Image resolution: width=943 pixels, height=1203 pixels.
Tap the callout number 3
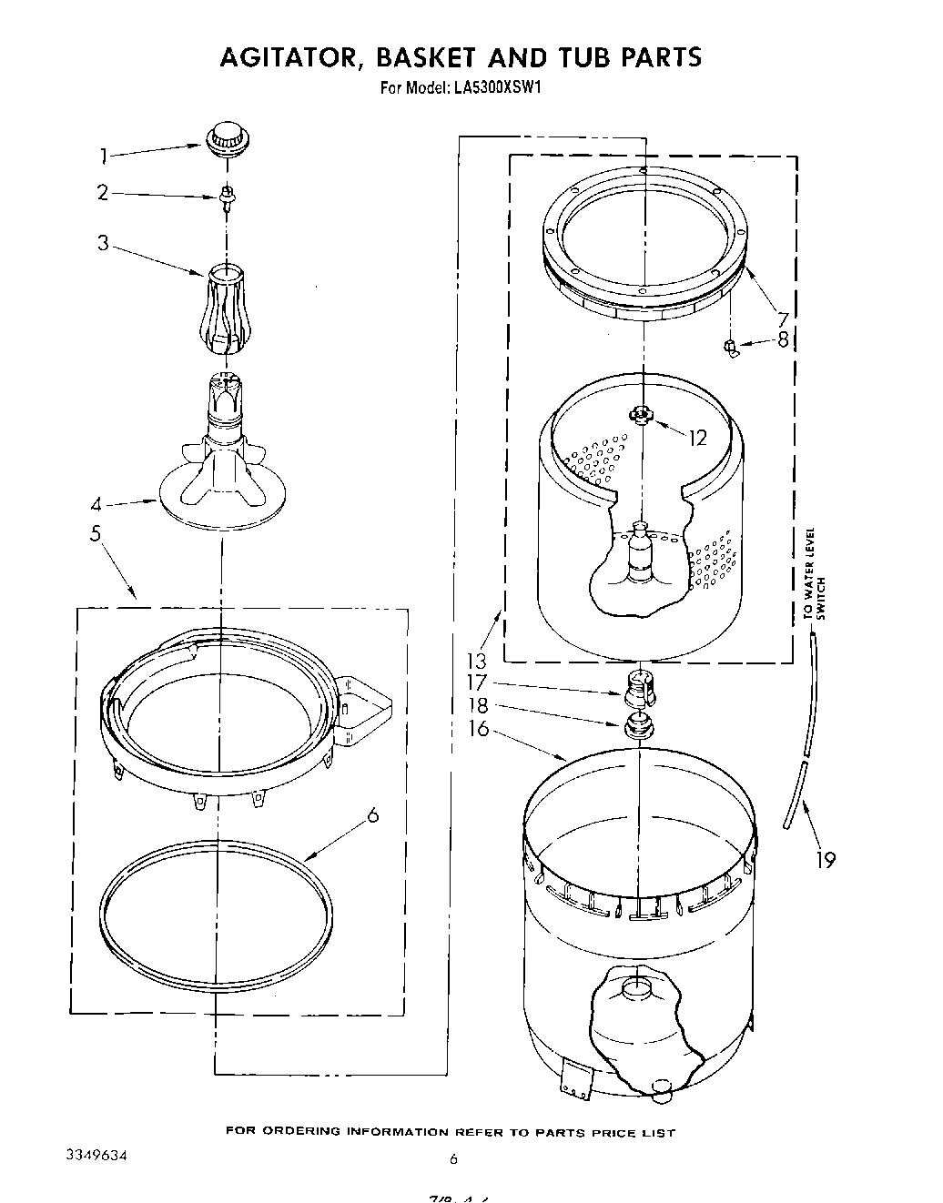[x=104, y=243]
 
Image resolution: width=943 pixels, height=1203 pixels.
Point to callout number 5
[x=96, y=533]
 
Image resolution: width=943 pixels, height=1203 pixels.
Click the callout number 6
[x=371, y=816]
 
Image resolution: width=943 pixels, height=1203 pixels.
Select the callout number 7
[x=781, y=319]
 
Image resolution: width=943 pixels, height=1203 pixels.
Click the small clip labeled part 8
[x=729, y=346]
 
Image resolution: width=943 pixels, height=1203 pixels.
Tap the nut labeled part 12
[x=642, y=415]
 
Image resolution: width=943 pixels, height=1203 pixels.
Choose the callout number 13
[x=476, y=662]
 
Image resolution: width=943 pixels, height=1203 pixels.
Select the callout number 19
[x=825, y=859]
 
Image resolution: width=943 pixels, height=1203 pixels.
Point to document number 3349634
[x=96, y=1156]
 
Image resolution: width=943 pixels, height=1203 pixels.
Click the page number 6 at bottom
[x=451, y=1159]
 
